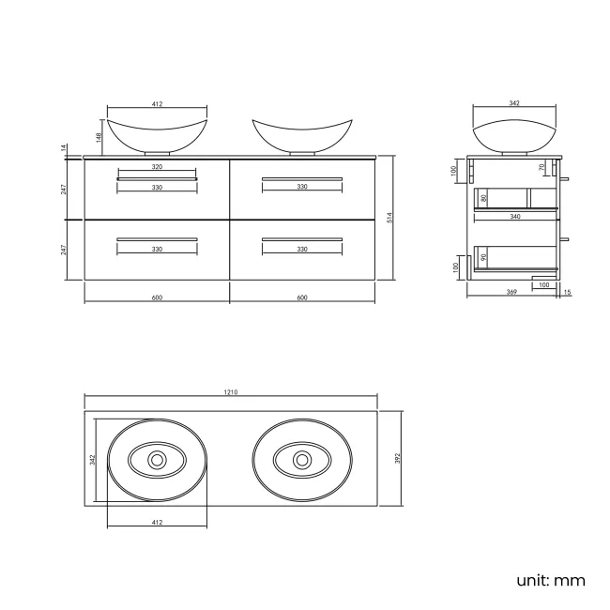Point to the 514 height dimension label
coord(389,218)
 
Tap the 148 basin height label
coord(99,137)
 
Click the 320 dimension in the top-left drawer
coord(157,166)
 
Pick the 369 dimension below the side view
coord(511,293)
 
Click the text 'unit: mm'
coord(550,580)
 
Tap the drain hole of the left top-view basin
coord(157,460)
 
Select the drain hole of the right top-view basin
coord(302,460)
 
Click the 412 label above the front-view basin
coord(157,104)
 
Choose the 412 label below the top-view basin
coord(157,522)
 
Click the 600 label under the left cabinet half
coord(157,297)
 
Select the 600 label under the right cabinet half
coord(302,297)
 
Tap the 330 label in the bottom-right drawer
coord(302,250)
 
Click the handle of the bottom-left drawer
coord(157,239)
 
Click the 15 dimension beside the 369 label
coord(567,293)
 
